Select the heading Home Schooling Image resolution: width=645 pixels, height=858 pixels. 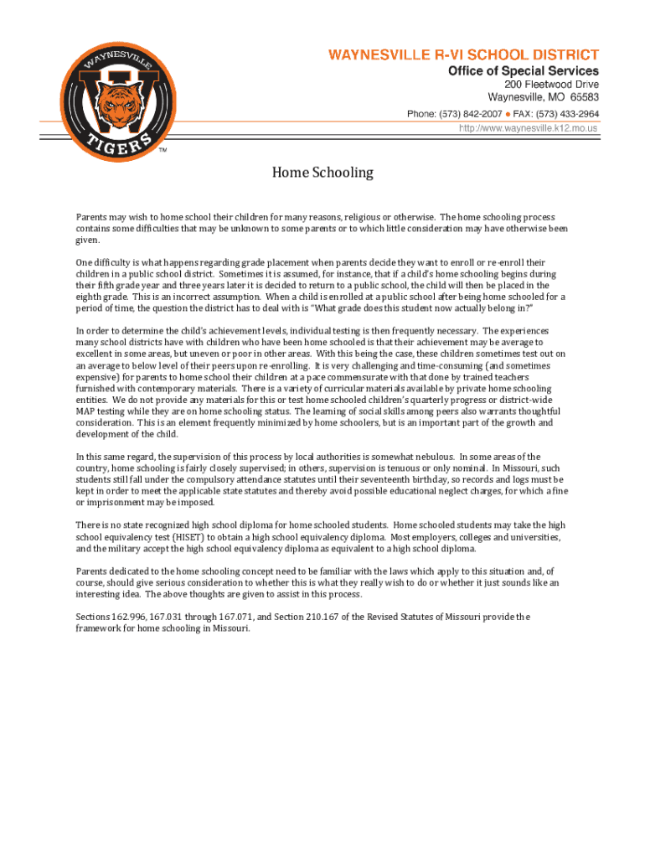pyautogui.click(x=322, y=173)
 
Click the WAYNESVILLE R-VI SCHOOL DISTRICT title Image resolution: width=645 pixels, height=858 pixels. pyautogui.click(x=463, y=55)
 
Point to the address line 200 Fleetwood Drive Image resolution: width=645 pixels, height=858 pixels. pyautogui.click(x=551, y=85)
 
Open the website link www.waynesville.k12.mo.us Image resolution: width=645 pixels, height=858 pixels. pyautogui.click(x=529, y=128)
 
